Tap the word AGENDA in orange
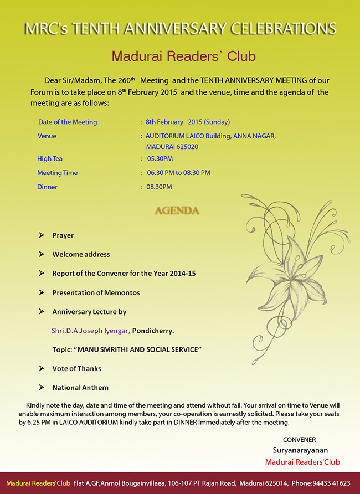[x=177, y=211]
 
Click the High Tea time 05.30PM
[x=160, y=158]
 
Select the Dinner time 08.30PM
[x=159, y=187]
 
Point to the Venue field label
[x=47, y=136]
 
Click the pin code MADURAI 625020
[x=172, y=147]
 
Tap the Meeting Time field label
[x=57, y=173]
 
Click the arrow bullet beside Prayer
[x=42, y=235]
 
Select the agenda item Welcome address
[x=81, y=254]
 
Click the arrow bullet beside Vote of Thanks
[x=42, y=368]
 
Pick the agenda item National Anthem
[x=80, y=388]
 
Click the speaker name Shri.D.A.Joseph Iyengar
[x=90, y=331]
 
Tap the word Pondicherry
[x=153, y=331]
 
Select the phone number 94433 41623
[x=330, y=483]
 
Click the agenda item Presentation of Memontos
[x=96, y=292]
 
